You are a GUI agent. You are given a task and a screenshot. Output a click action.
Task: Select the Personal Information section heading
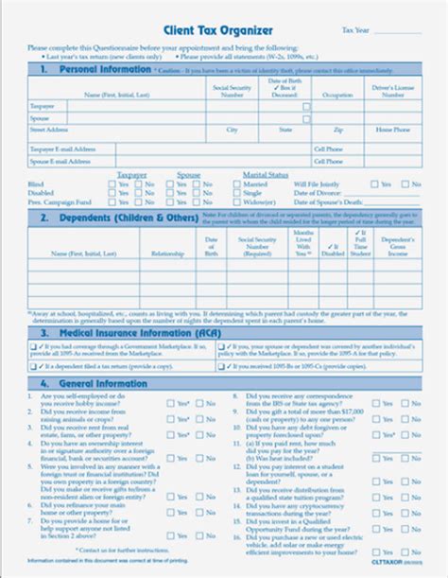[94, 70]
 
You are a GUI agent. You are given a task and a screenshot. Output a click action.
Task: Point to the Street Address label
[48, 130]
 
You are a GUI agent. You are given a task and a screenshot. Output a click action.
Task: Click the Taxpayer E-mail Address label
[63, 148]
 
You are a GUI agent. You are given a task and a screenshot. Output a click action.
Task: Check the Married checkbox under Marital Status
[236, 184]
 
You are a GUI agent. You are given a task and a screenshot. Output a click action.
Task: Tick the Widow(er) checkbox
[236, 202]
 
